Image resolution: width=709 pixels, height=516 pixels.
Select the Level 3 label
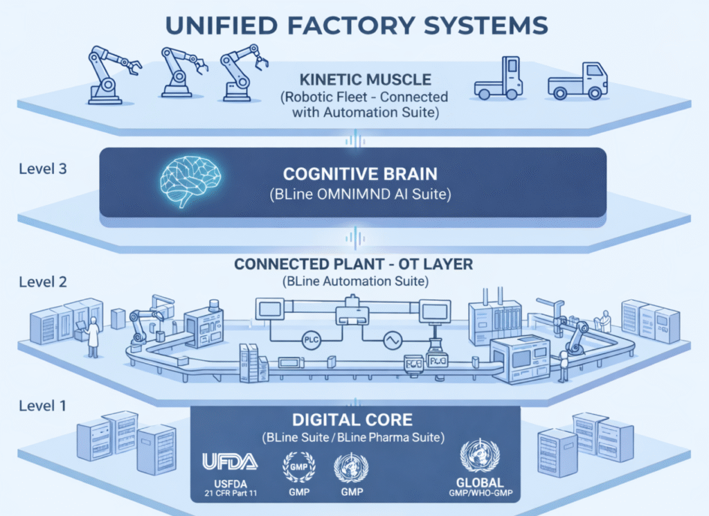pos(43,168)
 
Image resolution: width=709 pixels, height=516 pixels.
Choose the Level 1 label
pos(43,405)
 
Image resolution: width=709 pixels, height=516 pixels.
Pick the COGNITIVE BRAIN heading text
pos(360,173)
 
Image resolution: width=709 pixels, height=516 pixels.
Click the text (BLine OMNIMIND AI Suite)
pos(360,195)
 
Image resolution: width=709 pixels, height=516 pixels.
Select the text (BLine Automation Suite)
pos(354,281)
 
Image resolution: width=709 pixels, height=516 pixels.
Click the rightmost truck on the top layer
pos(577,79)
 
